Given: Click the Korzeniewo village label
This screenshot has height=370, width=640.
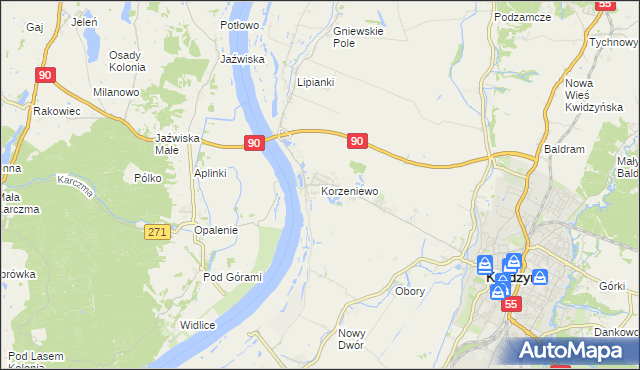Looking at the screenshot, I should [x=348, y=189].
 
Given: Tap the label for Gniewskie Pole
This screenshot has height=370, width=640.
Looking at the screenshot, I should [x=358, y=37].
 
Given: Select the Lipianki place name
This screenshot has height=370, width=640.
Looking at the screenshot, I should [x=315, y=82].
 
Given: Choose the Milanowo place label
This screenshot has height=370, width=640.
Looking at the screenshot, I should [x=115, y=92].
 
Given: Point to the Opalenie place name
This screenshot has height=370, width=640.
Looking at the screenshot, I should [x=216, y=230].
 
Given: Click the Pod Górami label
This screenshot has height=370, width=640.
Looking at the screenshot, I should [x=232, y=277].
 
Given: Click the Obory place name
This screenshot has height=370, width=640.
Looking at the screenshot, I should [x=410, y=292].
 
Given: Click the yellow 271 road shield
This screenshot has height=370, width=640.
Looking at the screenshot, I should [x=156, y=231].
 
